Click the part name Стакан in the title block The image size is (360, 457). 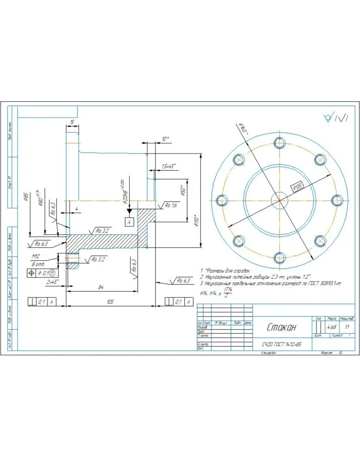click(x=281, y=327)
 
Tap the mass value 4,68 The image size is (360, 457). click(x=331, y=327)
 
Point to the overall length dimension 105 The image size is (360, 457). click(x=110, y=302)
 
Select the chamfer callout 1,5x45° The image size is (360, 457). click(x=169, y=166)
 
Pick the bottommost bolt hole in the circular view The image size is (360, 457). click(x=280, y=258)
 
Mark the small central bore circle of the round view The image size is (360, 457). click(x=280, y=200)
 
